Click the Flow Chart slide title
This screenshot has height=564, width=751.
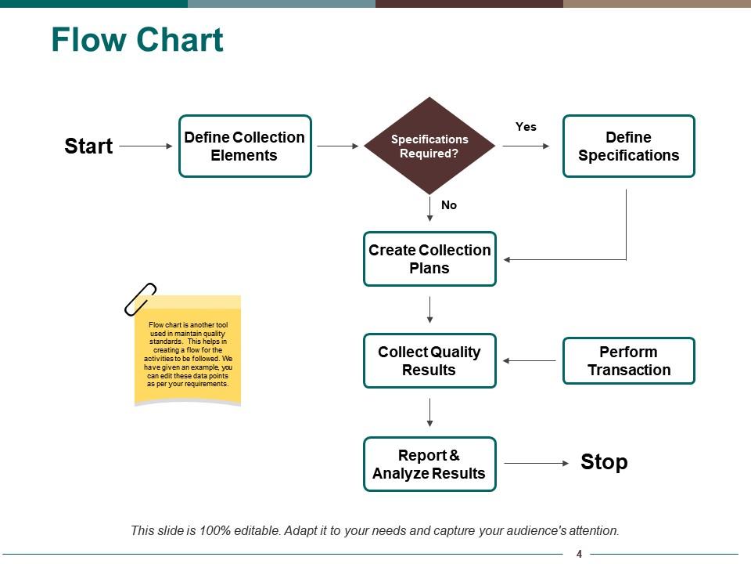[x=137, y=40]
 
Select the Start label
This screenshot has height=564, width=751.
[x=88, y=146]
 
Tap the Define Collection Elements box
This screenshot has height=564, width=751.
[x=245, y=146]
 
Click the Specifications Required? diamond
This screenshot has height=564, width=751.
[x=429, y=146]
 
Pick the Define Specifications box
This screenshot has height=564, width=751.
[x=629, y=146]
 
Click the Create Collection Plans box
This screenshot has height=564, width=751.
[x=429, y=258]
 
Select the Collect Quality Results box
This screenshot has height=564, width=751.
[x=429, y=360]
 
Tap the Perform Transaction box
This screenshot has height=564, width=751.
[x=629, y=360]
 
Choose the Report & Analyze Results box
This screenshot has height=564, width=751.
[x=429, y=464]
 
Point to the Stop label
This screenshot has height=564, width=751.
[x=604, y=462]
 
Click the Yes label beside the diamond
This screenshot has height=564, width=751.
[x=526, y=126]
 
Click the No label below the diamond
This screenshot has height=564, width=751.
[x=449, y=205]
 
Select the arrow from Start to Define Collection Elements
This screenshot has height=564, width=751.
[x=146, y=146]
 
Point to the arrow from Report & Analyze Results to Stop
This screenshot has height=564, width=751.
[x=537, y=463]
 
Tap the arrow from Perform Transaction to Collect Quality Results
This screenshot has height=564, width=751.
[x=530, y=360]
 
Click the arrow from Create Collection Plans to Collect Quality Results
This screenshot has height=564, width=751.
[x=429, y=309]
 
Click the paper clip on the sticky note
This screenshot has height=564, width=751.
[x=141, y=298]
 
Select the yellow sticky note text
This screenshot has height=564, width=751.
[x=188, y=354]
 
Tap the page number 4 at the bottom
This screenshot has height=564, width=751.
[x=579, y=554]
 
